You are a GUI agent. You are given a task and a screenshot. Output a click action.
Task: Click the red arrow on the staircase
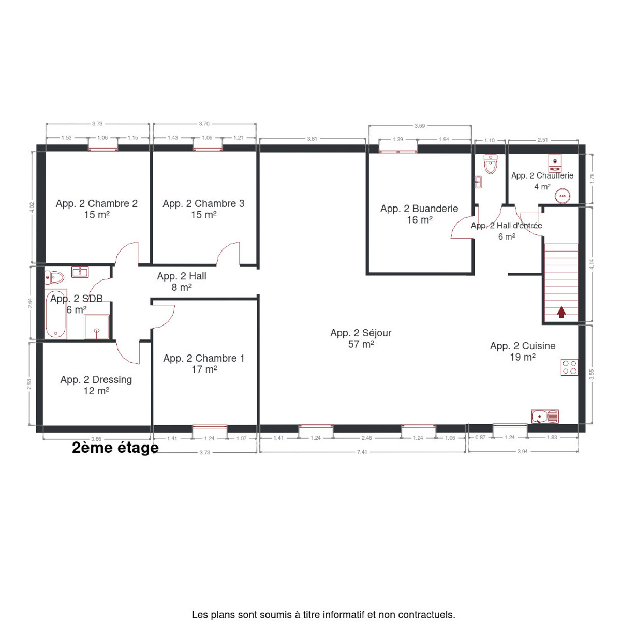click(561, 312)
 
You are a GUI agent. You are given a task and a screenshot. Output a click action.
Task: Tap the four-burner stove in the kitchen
click(569, 367)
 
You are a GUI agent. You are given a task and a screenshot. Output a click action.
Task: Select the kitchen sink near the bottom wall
click(545, 417)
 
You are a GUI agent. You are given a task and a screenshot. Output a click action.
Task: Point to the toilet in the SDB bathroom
click(54, 277)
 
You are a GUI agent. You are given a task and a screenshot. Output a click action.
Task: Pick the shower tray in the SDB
click(97, 327)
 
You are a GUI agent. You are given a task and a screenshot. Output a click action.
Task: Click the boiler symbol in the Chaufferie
click(555, 163)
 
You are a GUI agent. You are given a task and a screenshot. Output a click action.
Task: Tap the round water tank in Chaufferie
click(563, 196)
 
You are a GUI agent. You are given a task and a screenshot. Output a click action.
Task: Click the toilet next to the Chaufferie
click(490, 164)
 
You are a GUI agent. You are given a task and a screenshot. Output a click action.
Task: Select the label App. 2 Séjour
click(361, 333)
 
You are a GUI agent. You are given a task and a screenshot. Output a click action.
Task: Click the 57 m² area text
click(361, 344)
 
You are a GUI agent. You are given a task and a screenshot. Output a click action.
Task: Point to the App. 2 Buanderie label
click(419, 209)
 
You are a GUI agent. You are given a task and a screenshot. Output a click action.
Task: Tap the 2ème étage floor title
click(115, 448)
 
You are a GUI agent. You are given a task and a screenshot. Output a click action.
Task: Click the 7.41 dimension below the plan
click(362, 452)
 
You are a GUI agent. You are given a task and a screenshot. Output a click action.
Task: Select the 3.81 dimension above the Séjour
click(312, 139)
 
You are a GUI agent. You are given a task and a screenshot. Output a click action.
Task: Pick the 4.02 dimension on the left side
click(32, 207)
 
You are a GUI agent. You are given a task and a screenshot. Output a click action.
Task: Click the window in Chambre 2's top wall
click(103, 149)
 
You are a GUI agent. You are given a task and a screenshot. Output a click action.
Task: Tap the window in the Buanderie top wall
click(398, 151)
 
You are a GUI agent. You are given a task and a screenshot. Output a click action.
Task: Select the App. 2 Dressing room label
click(96, 380)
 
